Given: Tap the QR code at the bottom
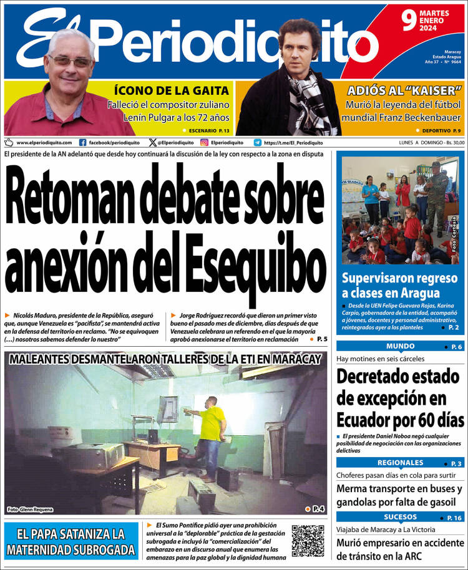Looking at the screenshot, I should tap(308, 541).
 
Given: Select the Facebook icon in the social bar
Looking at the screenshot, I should tap(83, 142).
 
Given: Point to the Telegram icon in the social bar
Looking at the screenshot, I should tap(258, 142).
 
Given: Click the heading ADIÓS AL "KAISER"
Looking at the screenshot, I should tap(404, 90).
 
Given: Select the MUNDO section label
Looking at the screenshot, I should tap(400, 346).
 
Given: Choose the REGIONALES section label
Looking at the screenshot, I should tap(400, 463).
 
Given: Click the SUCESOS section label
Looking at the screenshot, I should tap(400, 517).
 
